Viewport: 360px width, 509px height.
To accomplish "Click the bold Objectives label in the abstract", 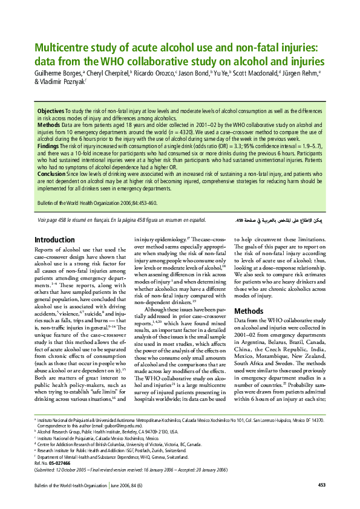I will (51, 112).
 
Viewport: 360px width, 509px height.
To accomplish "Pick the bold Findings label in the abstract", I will (48, 147).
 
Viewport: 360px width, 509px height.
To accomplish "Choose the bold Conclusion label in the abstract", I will (51, 174).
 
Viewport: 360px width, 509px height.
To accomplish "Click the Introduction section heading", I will (55, 240).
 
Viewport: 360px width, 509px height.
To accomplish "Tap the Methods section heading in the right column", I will (248, 311).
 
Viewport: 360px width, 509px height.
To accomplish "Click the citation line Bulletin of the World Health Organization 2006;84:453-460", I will (97, 203).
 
